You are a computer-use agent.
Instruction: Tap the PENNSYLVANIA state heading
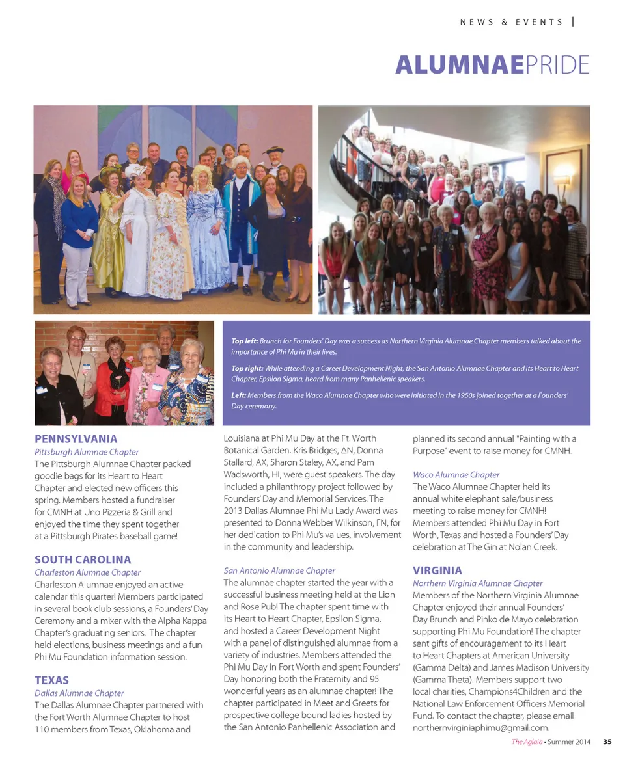pyautogui.click(x=76, y=439)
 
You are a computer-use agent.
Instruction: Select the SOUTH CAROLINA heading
pyautogui.click(x=83, y=559)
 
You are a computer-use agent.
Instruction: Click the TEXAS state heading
pyautogui.click(x=51, y=680)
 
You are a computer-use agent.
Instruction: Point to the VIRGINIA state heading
pyautogui.click(x=437, y=570)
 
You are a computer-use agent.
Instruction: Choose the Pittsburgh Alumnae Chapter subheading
pyautogui.click(x=87, y=452)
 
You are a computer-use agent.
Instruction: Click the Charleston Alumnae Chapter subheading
pyautogui.click(x=87, y=572)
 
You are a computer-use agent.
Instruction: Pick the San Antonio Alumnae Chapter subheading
pyautogui.click(x=279, y=570)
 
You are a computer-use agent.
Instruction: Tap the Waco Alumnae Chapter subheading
pyautogui.click(x=456, y=475)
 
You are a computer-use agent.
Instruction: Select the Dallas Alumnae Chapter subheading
pyautogui.click(x=79, y=693)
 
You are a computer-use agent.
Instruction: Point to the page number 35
pyautogui.click(x=607, y=742)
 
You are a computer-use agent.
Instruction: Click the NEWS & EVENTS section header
pyautogui.click(x=511, y=22)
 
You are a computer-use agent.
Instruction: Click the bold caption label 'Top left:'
pyautogui.click(x=245, y=341)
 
